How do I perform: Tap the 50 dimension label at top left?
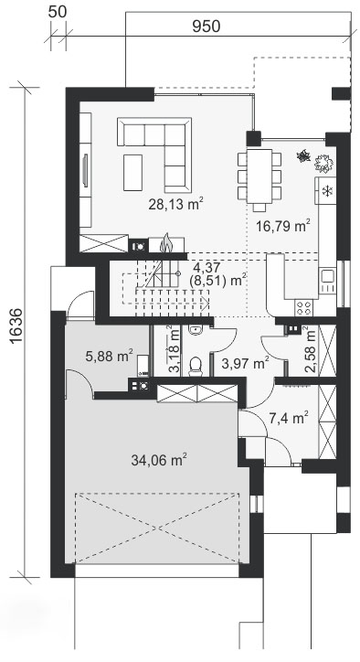pyautogui.click(x=56, y=11)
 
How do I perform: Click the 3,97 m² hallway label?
pyautogui.click(x=245, y=364)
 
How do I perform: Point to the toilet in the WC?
pyautogui.click(x=193, y=366)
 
